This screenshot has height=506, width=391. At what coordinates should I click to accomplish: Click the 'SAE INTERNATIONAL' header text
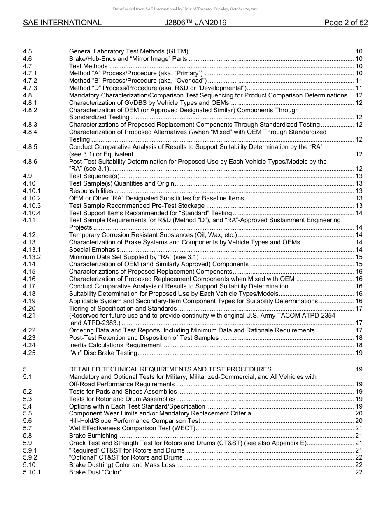[x=62, y=23]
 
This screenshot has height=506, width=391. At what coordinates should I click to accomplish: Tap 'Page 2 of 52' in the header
[x=346, y=23]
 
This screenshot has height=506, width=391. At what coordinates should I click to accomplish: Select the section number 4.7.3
[x=30, y=88]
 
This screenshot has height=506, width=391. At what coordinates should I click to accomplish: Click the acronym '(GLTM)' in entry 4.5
[x=177, y=51]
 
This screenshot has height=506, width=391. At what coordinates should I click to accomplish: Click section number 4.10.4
[x=32, y=213]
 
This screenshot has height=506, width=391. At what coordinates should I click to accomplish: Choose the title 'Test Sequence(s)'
[x=94, y=176]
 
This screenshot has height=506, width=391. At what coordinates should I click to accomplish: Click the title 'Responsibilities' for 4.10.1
[x=91, y=191]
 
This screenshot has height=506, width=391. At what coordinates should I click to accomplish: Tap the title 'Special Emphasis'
[x=94, y=250]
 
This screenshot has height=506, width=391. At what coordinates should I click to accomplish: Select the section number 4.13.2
[x=32, y=257]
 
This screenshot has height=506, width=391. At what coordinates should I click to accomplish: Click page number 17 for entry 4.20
[x=358, y=309]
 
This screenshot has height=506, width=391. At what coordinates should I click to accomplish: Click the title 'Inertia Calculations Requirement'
[x=115, y=345]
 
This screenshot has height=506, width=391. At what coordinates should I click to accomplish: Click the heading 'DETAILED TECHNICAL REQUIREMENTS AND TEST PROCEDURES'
[x=170, y=369]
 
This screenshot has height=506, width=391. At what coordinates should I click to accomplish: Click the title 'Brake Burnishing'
[x=93, y=436]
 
